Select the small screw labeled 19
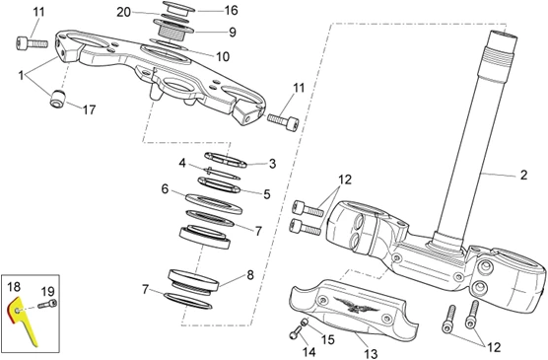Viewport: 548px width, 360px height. pyautogui.click(x=47, y=304)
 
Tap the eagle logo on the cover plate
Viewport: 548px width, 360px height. pyautogui.click(x=356, y=305)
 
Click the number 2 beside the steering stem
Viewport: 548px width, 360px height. pyautogui.click(x=523, y=175)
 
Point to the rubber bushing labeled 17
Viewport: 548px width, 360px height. pyautogui.click(x=58, y=99)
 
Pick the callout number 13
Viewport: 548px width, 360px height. pyautogui.click(x=371, y=354)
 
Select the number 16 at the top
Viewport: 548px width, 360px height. pyautogui.click(x=231, y=10)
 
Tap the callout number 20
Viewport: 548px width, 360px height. pyautogui.click(x=123, y=12)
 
